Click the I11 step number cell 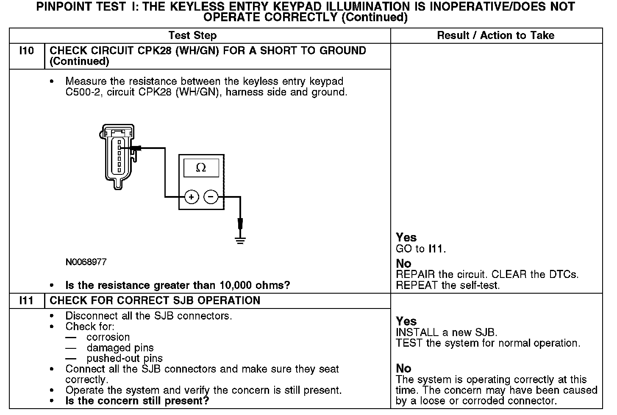pos(26,301)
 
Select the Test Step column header pos(192,35)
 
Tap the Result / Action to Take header pos(495,35)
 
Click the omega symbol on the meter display pos(201,168)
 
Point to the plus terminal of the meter pos(192,197)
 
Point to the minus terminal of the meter pos(211,197)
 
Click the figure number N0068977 pos(86,262)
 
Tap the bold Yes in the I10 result pos(406,237)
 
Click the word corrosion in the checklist pos(108,337)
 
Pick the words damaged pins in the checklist pos(120,348)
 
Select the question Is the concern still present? pos(137,401)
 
